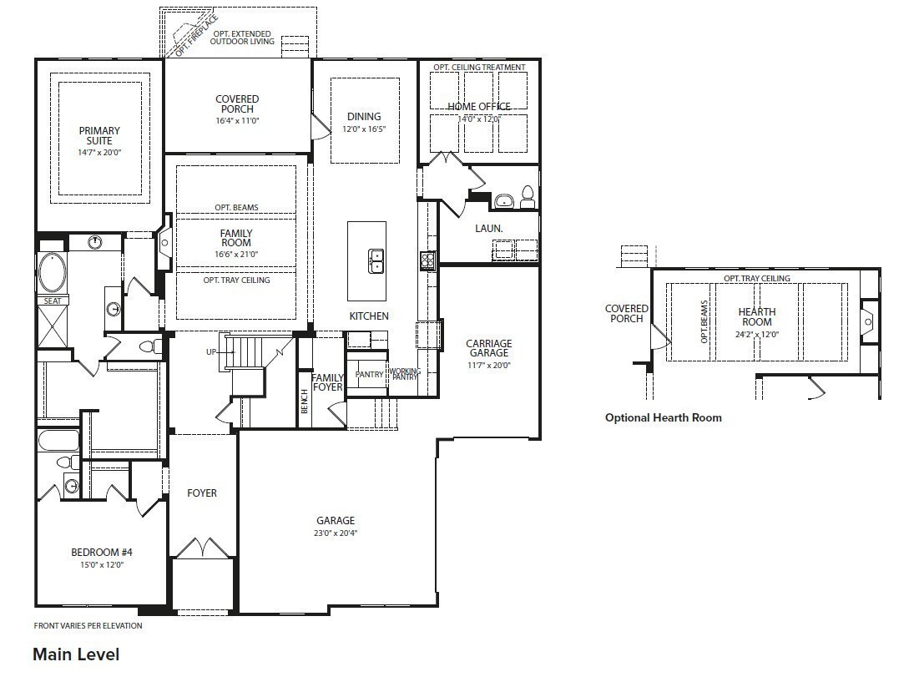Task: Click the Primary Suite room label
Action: [x=99, y=135]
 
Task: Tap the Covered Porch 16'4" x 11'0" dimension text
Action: [x=237, y=120]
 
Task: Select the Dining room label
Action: [x=363, y=117]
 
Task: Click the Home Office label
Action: [x=478, y=107]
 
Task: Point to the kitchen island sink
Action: [x=376, y=261]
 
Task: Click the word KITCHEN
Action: [x=369, y=316]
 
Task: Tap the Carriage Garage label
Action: [x=488, y=348]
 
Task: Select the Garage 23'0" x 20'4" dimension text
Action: [x=335, y=533]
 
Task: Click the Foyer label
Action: [x=202, y=493]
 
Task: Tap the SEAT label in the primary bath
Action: [x=51, y=301]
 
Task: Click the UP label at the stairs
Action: [x=213, y=352]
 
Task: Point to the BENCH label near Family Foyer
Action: [x=305, y=402]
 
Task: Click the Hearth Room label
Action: [x=756, y=317]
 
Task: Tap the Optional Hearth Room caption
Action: [x=663, y=417]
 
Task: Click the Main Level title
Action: [x=76, y=654]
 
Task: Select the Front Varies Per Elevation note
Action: [x=88, y=625]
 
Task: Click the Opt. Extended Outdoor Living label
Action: [x=242, y=38]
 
